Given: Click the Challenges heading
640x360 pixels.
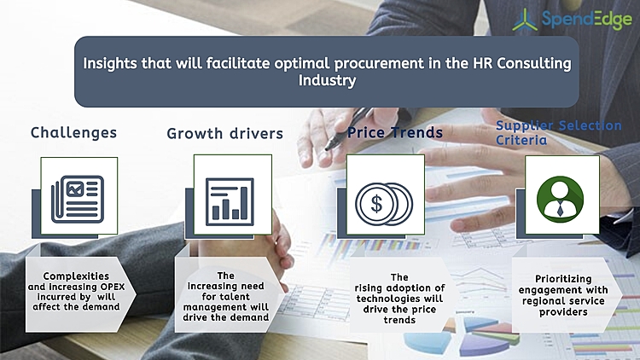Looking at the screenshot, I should [73, 132].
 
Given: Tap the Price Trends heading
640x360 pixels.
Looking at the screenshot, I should [394, 132].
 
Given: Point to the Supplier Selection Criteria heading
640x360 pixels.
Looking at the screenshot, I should [559, 132].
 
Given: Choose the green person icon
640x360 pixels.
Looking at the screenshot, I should [561, 196].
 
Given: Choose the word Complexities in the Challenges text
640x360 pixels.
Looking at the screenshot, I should [75, 275].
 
